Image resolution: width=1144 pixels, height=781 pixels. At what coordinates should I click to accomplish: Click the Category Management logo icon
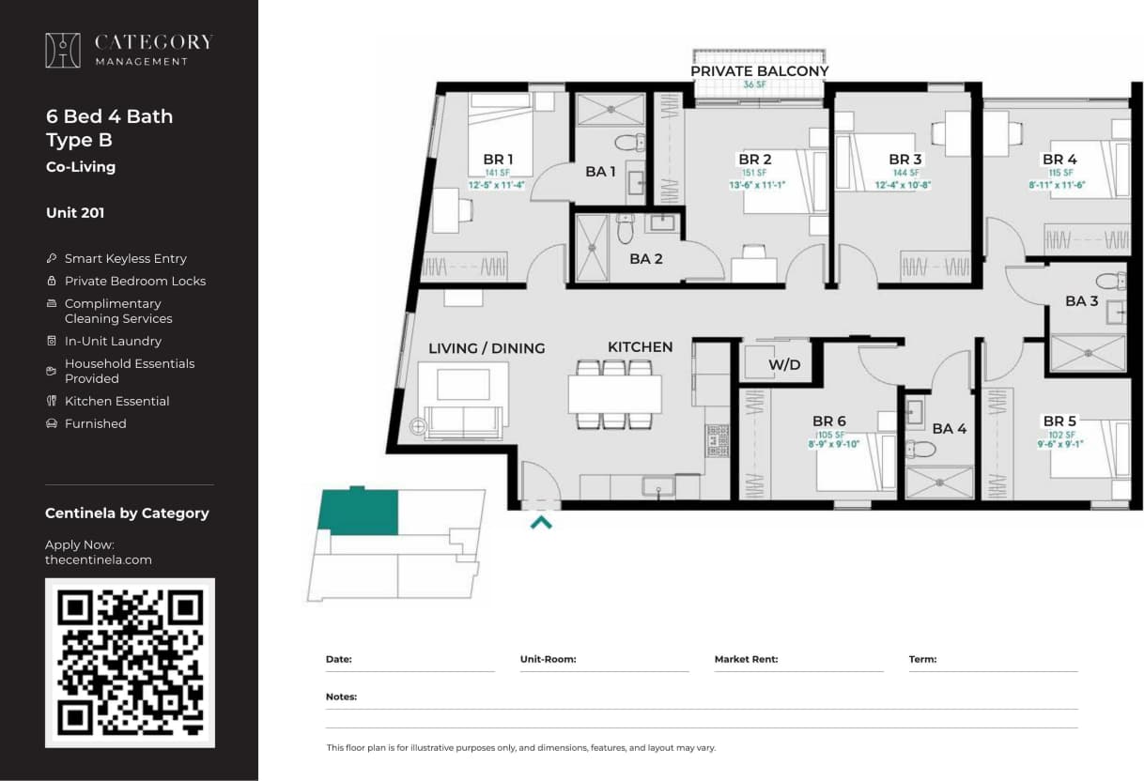click(x=63, y=50)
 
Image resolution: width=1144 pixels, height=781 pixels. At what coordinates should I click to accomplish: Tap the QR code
click(x=130, y=662)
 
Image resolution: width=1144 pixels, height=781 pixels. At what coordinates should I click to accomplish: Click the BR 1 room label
click(x=498, y=160)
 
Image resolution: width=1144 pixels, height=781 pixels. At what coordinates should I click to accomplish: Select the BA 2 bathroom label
click(x=645, y=259)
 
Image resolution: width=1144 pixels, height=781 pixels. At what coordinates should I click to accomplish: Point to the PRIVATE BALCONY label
click(x=759, y=71)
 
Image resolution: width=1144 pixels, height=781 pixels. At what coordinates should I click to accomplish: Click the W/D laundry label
click(x=784, y=364)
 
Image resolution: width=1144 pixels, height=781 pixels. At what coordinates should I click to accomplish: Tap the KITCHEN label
click(x=640, y=347)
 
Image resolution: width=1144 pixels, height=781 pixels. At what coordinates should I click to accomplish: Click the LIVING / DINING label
click(x=486, y=348)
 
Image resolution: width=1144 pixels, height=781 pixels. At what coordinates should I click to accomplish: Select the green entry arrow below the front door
click(x=541, y=522)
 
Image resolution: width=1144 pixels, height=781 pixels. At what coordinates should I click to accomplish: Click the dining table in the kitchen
click(x=614, y=394)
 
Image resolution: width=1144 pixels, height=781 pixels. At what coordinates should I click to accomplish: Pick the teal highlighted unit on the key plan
click(x=357, y=512)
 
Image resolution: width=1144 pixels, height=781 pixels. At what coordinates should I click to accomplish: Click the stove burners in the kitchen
click(x=717, y=440)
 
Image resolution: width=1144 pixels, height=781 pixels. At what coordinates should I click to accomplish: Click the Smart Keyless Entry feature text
click(x=125, y=258)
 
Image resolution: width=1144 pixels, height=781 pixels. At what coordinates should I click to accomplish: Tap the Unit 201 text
click(x=75, y=213)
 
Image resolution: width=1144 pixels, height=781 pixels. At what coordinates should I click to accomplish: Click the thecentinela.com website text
click(x=98, y=559)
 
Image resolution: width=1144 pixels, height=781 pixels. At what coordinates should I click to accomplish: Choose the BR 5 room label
click(x=1059, y=421)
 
